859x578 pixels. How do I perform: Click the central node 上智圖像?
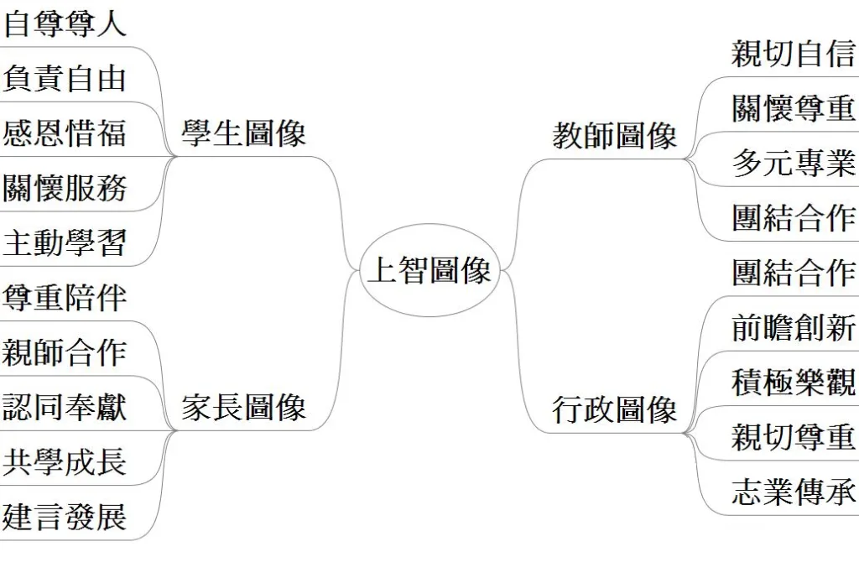click(429, 271)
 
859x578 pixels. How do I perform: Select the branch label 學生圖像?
click(243, 133)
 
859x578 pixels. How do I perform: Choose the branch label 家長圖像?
click(243, 408)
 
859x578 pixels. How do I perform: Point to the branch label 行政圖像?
click(614, 410)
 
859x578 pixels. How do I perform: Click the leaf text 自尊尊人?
click(65, 23)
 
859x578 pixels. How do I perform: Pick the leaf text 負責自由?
click(65, 79)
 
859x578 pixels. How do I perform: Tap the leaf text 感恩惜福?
click(65, 133)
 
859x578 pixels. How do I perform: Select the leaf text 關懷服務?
click(65, 188)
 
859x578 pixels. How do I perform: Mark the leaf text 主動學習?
click(65, 243)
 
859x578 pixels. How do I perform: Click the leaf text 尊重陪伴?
click(65, 298)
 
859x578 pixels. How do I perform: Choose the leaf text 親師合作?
click(65, 352)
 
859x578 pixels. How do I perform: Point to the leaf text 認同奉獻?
click(65, 408)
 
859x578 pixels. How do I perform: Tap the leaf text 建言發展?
click(65, 517)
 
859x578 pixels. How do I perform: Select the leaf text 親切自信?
click(793, 54)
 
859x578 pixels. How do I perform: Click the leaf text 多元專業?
click(793, 163)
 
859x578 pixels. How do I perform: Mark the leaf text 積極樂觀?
click(793, 383)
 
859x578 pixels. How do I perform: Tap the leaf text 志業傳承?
click(793, 492)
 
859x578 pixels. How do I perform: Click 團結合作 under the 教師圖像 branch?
click(793, 217)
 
